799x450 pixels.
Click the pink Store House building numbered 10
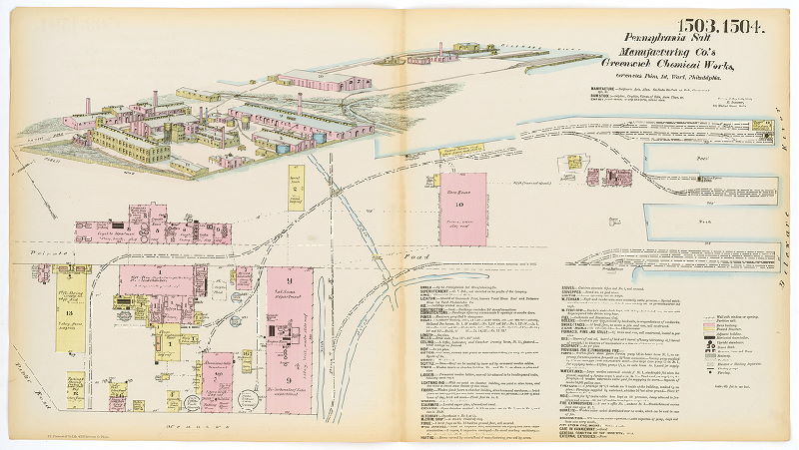pos(462,206)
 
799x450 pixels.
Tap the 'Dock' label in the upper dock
pos(705,158)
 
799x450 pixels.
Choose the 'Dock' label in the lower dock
pos(705,222)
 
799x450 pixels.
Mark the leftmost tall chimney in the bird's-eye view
pos(87,106)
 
